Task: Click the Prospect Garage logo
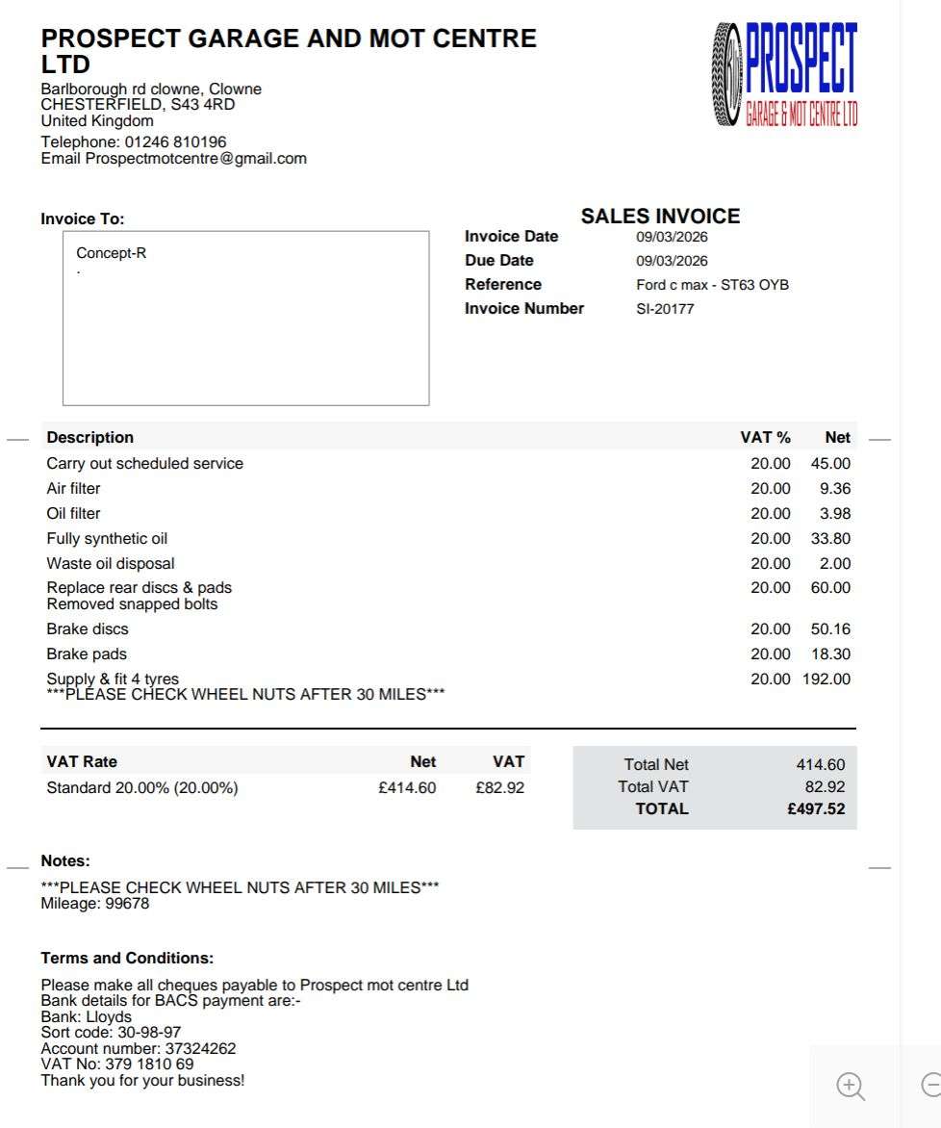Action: pos(785,75)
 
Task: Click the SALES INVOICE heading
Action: pos(660,217)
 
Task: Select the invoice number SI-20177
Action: pos(665,309)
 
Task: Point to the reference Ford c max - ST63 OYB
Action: pos(712,285)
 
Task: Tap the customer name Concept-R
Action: pos(112,254)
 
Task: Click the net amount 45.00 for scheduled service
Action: pos(830,464)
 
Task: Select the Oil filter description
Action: pos(73,514)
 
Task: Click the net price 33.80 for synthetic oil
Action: pos(830,539)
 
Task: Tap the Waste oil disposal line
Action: pos(111,564)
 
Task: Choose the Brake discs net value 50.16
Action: pos(830,629)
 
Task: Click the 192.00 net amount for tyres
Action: pos(827,679)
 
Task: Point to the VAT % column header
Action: pos(765,438)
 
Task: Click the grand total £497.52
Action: pos(816,809)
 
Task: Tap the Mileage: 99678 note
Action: pos(95,904)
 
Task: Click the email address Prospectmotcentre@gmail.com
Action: pos(196,159)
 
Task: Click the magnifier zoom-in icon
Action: pos(851,1087)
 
